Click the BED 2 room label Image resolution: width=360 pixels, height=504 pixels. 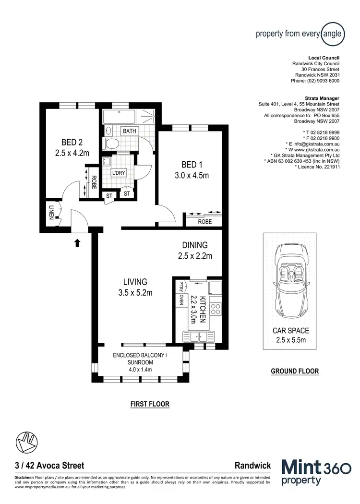(x=72, y=142)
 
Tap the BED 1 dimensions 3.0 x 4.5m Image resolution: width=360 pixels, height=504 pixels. (x=192, y=175)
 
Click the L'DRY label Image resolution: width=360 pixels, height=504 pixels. (x=118, y=173)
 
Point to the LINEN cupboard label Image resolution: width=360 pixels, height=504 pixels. (x=51, y=213)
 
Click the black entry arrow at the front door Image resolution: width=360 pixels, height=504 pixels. (x=77, y=243)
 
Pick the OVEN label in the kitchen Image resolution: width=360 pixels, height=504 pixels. (x=181, y=300)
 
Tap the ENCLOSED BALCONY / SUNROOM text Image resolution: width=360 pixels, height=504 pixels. (x=139, y=359)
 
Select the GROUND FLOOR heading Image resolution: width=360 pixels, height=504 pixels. (x=295, y=371)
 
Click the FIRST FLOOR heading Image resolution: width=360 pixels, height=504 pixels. (x=150, y=404)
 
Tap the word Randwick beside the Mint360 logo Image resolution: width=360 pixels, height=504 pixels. (x=252, y=465)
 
